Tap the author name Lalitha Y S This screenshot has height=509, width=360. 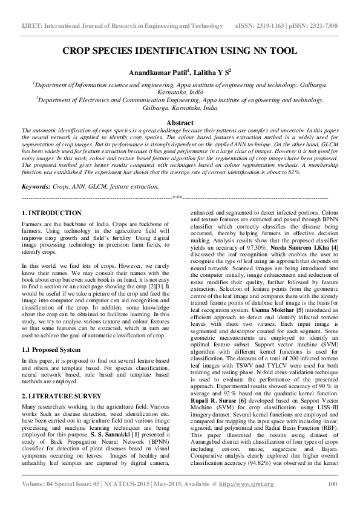click(212, 73)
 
